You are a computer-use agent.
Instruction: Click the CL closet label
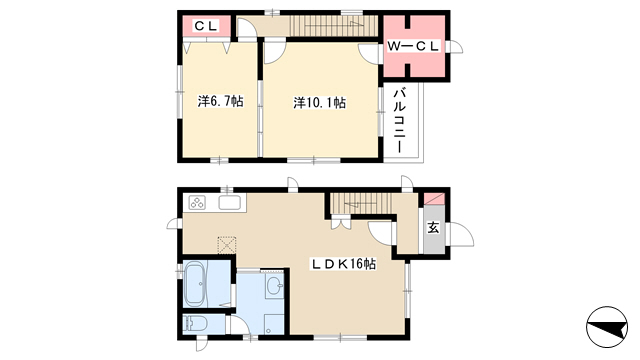(206, 26)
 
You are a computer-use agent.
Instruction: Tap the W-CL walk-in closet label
(413, 46)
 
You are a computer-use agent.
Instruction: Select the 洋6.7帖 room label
(220, 101)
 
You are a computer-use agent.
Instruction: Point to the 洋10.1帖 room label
(320, 102)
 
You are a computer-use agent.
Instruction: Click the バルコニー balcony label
(400, 120)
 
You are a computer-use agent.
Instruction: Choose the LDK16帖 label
(344, 264)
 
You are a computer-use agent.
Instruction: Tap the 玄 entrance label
(433, 228)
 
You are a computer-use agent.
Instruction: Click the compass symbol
(607, 327)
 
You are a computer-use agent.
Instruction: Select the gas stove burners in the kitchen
(197, 202)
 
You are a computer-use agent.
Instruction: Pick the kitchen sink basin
(229, 202)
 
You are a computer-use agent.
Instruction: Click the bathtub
(194, 284)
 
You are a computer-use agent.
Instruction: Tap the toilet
(195, 324)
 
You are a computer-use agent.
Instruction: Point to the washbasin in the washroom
(275, 284)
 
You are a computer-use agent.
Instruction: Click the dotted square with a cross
(227, 245)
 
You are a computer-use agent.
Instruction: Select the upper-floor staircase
(333, 26)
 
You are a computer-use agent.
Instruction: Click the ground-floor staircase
(360, 203)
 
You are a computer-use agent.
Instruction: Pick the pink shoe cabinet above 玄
(434, 199)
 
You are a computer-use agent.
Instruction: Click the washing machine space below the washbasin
(273, 324)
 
